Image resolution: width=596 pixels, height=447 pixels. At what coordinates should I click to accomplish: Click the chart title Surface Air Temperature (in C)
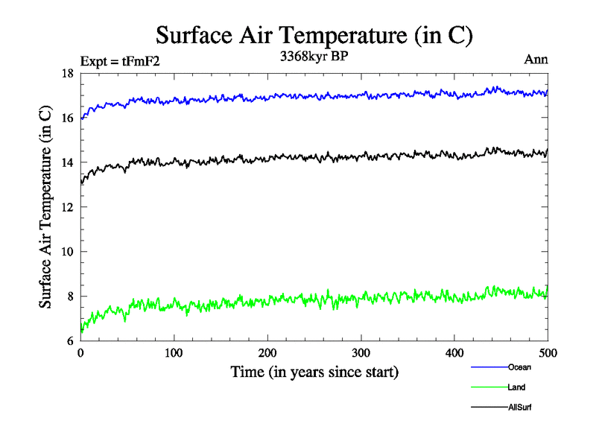pyautogui.click(x=314, y=35)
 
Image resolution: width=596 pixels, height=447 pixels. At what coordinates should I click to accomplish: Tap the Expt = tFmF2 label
pyautogui.click(x=119, y=61)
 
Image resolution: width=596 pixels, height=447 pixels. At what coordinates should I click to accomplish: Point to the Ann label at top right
pyautogui.click(x=536, y=60)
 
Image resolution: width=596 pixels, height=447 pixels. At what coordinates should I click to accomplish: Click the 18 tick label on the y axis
pyautogui.click(x=67, y=74)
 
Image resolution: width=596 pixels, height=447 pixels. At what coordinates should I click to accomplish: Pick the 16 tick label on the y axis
pyautogui.click(x=67, y=118)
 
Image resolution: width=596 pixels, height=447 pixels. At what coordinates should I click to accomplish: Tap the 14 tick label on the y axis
pyautogui.click(x=67, y=163)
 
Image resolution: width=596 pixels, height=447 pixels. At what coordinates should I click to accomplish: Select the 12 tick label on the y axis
pyautogui.click(x=67, y=208)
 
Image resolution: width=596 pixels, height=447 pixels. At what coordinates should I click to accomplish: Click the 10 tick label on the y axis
pyautogui.click(x=67, y=252)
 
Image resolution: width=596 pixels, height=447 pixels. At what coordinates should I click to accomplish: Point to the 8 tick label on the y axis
pyautogui.click(x=70, y=297)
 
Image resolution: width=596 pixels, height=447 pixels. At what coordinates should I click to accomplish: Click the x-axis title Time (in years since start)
pyautogui.click(x=314, y=372)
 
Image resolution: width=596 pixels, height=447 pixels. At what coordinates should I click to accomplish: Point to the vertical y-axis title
pyautogui.click(x=45, y=207)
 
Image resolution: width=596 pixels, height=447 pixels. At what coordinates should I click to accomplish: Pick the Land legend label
pyautogui.click(x=517, y=387)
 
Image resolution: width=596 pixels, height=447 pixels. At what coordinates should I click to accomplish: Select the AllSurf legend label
pyautogui.click(x=520, y=408)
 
